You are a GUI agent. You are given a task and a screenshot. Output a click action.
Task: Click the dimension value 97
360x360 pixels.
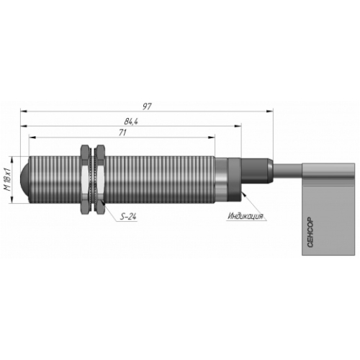click(x=147, y=107)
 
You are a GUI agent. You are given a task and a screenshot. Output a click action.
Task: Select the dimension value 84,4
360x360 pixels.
click(x=131, y=122)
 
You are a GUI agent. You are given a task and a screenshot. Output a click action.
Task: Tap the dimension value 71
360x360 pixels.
click(x=122, y=133)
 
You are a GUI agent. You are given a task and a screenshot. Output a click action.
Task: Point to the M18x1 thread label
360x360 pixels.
click(x=8, y=179)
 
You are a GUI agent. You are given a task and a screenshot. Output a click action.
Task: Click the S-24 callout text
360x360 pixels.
click(x=128, y=217)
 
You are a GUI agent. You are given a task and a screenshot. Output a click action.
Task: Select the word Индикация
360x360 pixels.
click(x=246, y=216)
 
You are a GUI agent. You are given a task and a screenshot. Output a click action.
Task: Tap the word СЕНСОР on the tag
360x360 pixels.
click(x=310, y=232)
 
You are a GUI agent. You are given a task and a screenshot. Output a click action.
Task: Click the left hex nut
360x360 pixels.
click(x=86, y=179)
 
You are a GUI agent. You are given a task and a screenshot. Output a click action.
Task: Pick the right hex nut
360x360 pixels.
click(x=101, y=179)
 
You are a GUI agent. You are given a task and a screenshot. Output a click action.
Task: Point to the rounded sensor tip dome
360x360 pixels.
click(x=24, y=179)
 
